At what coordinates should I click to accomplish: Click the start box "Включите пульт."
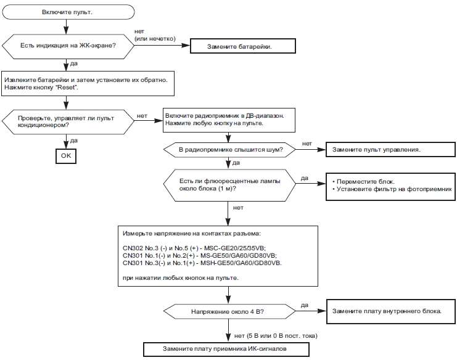tap(68, 12)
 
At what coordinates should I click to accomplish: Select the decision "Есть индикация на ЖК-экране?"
tap(68, 46)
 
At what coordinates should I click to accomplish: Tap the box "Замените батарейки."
tap(243, 46)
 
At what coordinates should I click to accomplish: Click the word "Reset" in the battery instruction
tap(66, 88)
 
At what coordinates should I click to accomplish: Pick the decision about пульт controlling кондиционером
tap(68, 121)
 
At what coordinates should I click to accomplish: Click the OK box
tap(66, 156)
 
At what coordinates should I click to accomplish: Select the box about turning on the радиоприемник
tap(229, 120)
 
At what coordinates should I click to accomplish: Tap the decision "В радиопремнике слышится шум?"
tap(229, 150)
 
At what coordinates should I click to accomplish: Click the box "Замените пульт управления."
tap(390, 150)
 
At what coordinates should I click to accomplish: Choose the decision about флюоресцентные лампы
tap(229, 185)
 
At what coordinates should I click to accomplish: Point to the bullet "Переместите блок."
tap(363, 181)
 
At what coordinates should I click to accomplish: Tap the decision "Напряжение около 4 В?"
tap(229, 312)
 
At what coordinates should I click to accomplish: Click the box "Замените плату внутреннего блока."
tap(390, 311)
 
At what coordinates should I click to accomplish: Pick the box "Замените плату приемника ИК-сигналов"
tap(226, 349)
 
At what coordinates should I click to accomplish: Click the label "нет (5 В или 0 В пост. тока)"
tap(276, 336)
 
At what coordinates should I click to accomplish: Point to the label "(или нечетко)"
tap(155, 39)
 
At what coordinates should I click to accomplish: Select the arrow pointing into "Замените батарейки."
tap(162, 46)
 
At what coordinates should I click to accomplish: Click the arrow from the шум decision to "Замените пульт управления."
tap(311, 150)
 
